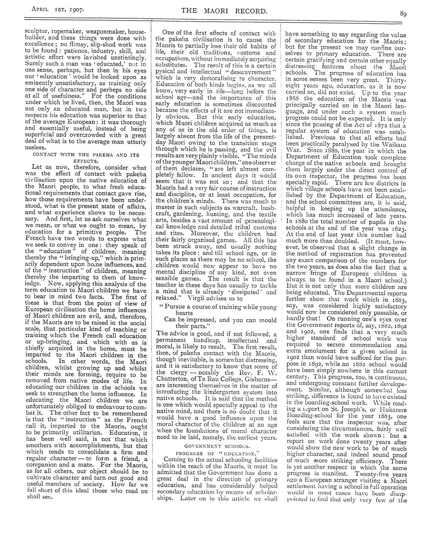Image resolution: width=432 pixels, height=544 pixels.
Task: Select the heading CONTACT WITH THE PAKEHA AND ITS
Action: pos(86,155)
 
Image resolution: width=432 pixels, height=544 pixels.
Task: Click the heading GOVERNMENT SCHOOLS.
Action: pos(217,446)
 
